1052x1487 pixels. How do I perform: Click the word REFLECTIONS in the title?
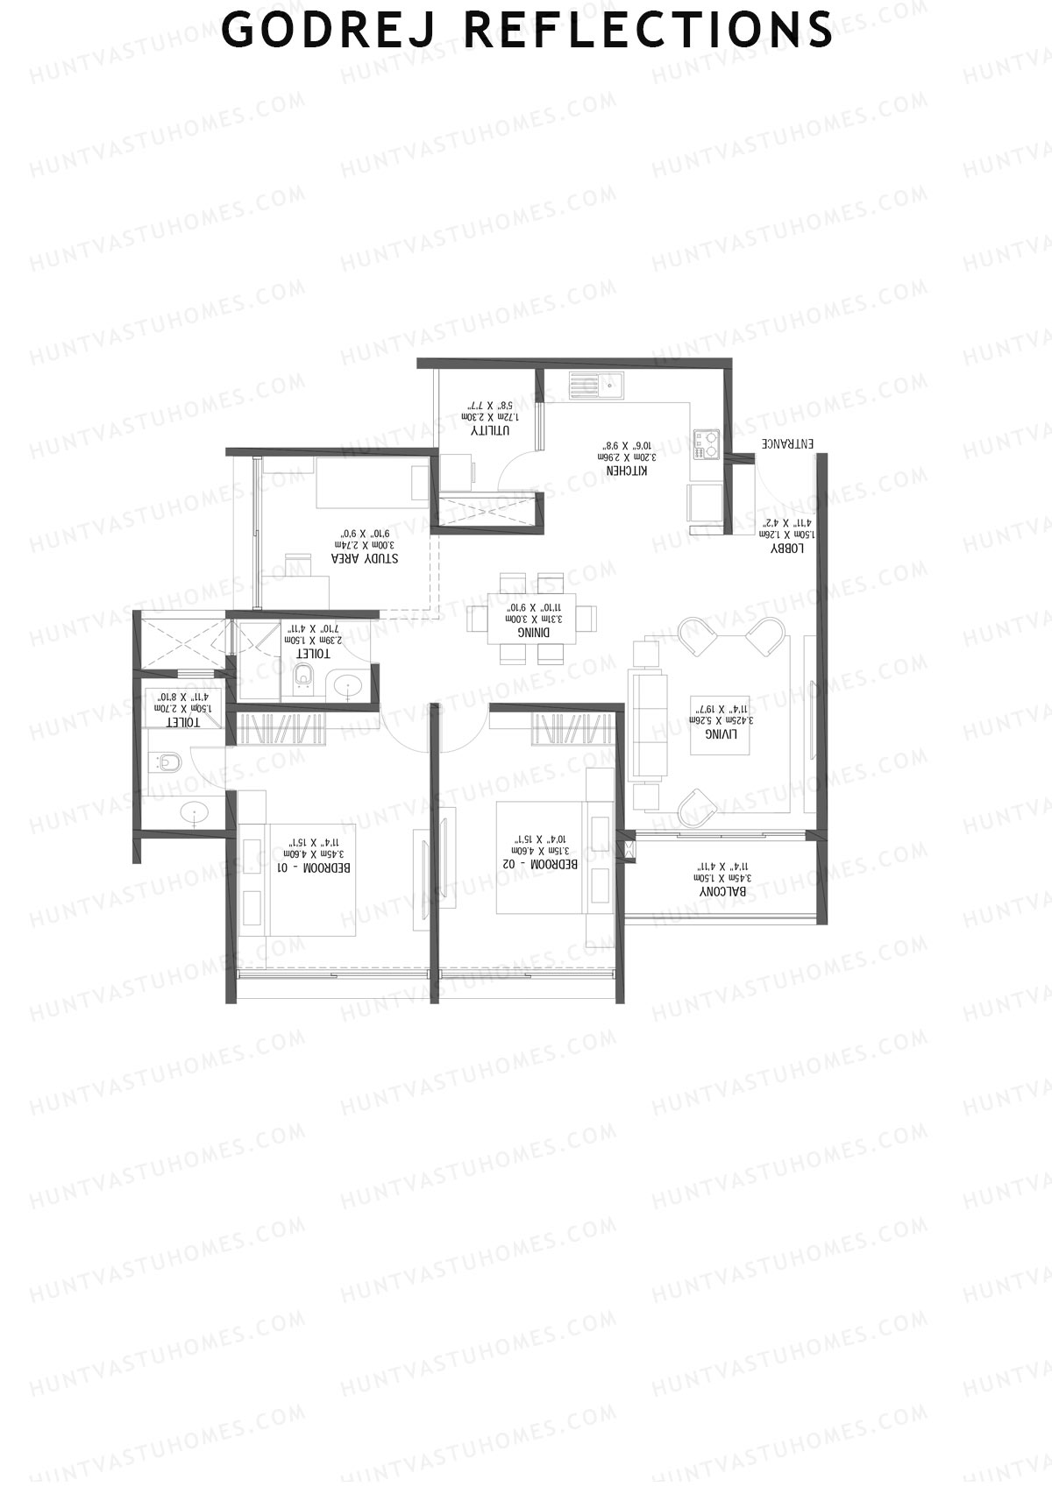(x=647, y=29)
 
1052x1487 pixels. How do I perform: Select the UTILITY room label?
(x=490, y=430)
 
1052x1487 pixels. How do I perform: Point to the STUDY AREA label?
(x=364, y=557)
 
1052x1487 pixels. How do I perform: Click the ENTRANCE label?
(x=786, y=443)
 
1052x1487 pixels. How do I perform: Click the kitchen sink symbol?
(x=596, y=383)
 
